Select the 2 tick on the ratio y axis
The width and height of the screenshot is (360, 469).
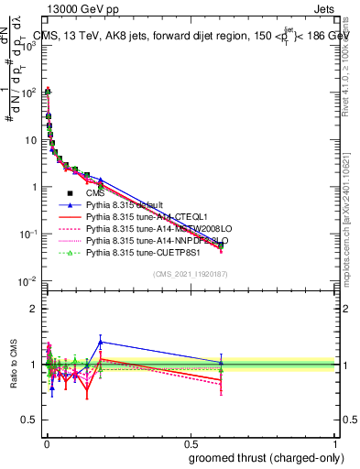point(36,308)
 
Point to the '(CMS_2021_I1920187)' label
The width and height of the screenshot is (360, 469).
point(190,274)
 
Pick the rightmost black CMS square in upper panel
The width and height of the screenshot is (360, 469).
point(221,245)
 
